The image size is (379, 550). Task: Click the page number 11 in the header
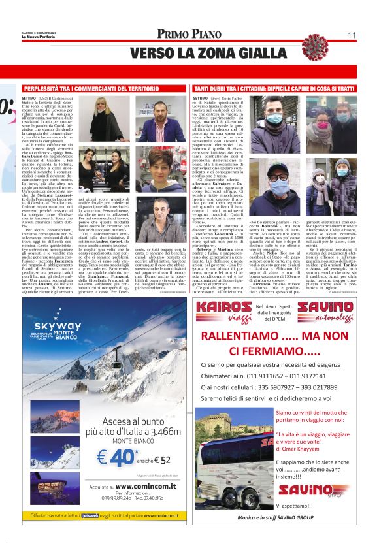352,35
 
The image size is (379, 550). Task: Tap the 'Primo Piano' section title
189,35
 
